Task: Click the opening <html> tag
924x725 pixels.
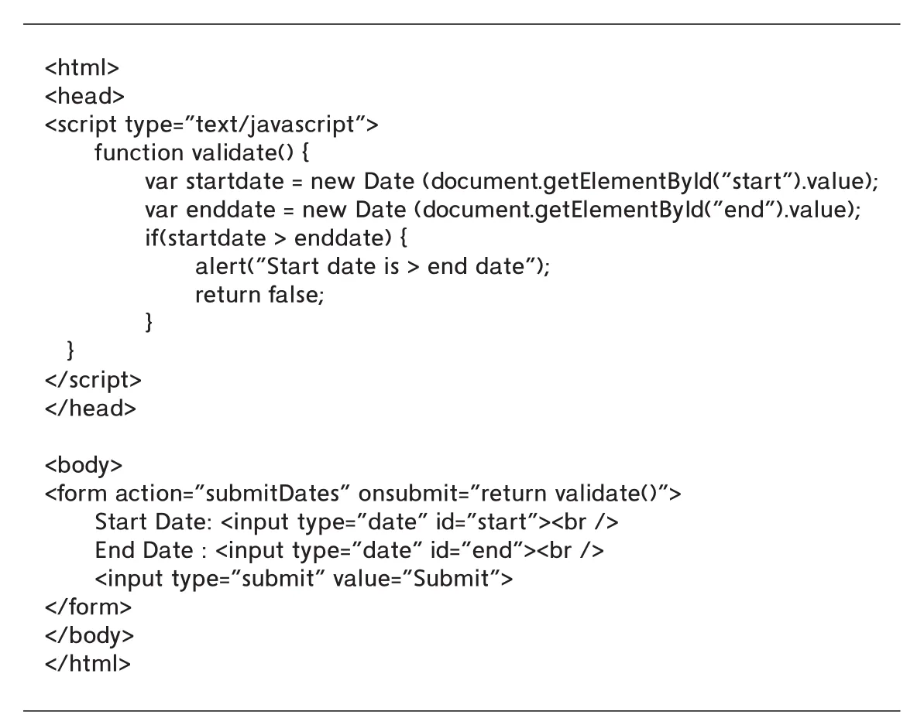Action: coord(82,67)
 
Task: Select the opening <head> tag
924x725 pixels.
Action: coord(85,96)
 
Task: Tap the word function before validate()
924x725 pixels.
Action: coord(139,152)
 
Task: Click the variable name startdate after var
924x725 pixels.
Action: coord(235,180)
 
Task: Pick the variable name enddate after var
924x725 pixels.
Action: coord(230,210)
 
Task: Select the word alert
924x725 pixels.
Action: coord(221,266)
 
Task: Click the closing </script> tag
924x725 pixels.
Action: coord(93,380)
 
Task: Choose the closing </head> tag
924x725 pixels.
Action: coord(90,408)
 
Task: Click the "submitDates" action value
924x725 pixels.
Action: coord(273,493)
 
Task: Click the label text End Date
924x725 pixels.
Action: coord(144,549)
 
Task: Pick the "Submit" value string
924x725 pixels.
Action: coord(451,578)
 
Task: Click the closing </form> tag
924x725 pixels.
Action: coord(88,606)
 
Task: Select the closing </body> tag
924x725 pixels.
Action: coord(90,634)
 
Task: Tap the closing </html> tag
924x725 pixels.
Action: coord(88,663)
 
